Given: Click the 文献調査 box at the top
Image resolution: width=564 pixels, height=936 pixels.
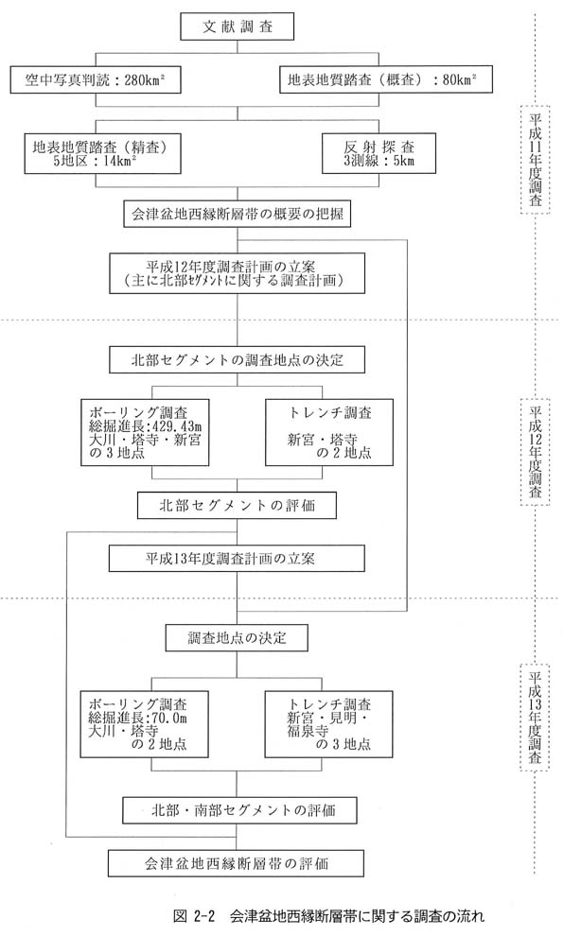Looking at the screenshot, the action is pos(238,26).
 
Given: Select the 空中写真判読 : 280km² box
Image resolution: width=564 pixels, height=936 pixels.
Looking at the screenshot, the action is pos(96,79).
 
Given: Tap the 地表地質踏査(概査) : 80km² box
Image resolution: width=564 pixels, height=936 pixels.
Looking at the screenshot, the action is pos(386,79).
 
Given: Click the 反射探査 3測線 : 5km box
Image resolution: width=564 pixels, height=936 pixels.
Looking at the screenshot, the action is pos(379,153).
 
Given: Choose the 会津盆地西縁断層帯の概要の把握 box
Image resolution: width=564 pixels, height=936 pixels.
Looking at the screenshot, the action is pos(237,214).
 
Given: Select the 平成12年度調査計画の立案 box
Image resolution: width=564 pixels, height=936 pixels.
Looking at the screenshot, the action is pos(238,273).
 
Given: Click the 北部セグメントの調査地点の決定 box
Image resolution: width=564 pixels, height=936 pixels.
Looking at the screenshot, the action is pos(238,360).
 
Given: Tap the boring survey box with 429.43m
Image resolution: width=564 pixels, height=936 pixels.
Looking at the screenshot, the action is pos(145,432).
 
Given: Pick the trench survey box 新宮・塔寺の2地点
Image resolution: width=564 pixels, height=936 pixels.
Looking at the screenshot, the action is pos(329,432).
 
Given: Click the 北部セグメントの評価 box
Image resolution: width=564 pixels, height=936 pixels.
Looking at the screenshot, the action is pos(238,506).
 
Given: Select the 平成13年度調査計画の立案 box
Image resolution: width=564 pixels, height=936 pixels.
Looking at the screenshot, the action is pos(238,559).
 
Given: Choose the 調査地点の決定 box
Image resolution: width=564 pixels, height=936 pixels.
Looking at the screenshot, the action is pos(237,637).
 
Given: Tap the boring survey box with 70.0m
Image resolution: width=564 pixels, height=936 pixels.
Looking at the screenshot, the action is pos(144,724).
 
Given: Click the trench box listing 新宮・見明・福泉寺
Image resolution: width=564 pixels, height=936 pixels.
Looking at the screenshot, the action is pos(328,724).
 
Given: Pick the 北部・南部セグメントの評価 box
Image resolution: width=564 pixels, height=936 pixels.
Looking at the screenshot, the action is pos(240,810).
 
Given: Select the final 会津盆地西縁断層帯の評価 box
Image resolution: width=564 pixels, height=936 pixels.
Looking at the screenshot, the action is pos(236,863).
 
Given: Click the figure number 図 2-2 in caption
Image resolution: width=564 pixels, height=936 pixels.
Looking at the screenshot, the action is pos(193,916).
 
